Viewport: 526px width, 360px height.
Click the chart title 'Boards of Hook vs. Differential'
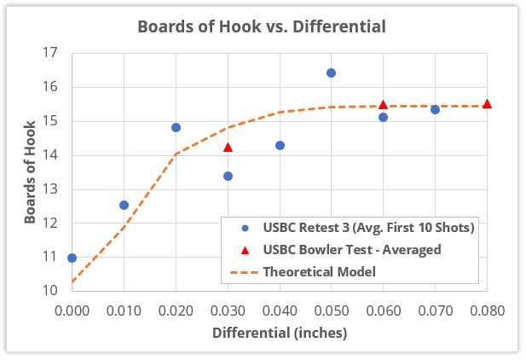pos(262,26)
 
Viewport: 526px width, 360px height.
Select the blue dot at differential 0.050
pos(331,73)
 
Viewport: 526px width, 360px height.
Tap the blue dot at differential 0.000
pos(72,258)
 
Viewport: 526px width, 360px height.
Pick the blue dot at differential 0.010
pos(124,205)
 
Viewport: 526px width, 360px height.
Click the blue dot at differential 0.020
pos(176,127)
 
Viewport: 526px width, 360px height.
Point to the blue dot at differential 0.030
pos(228,176)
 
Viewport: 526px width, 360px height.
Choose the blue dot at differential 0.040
pos(280,145)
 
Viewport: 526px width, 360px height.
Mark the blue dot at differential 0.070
pos(435,109)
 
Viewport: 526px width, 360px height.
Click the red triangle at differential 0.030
pos(228,147)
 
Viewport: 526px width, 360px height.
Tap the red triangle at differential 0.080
pos(487,104)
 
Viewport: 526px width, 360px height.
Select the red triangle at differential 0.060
pos(383,104)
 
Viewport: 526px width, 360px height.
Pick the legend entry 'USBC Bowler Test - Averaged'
pos(351,250)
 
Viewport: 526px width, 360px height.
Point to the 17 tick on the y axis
pos(50,53)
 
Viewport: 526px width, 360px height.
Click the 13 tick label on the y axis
pos(50,189)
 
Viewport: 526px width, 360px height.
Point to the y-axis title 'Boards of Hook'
pos(29,171)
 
